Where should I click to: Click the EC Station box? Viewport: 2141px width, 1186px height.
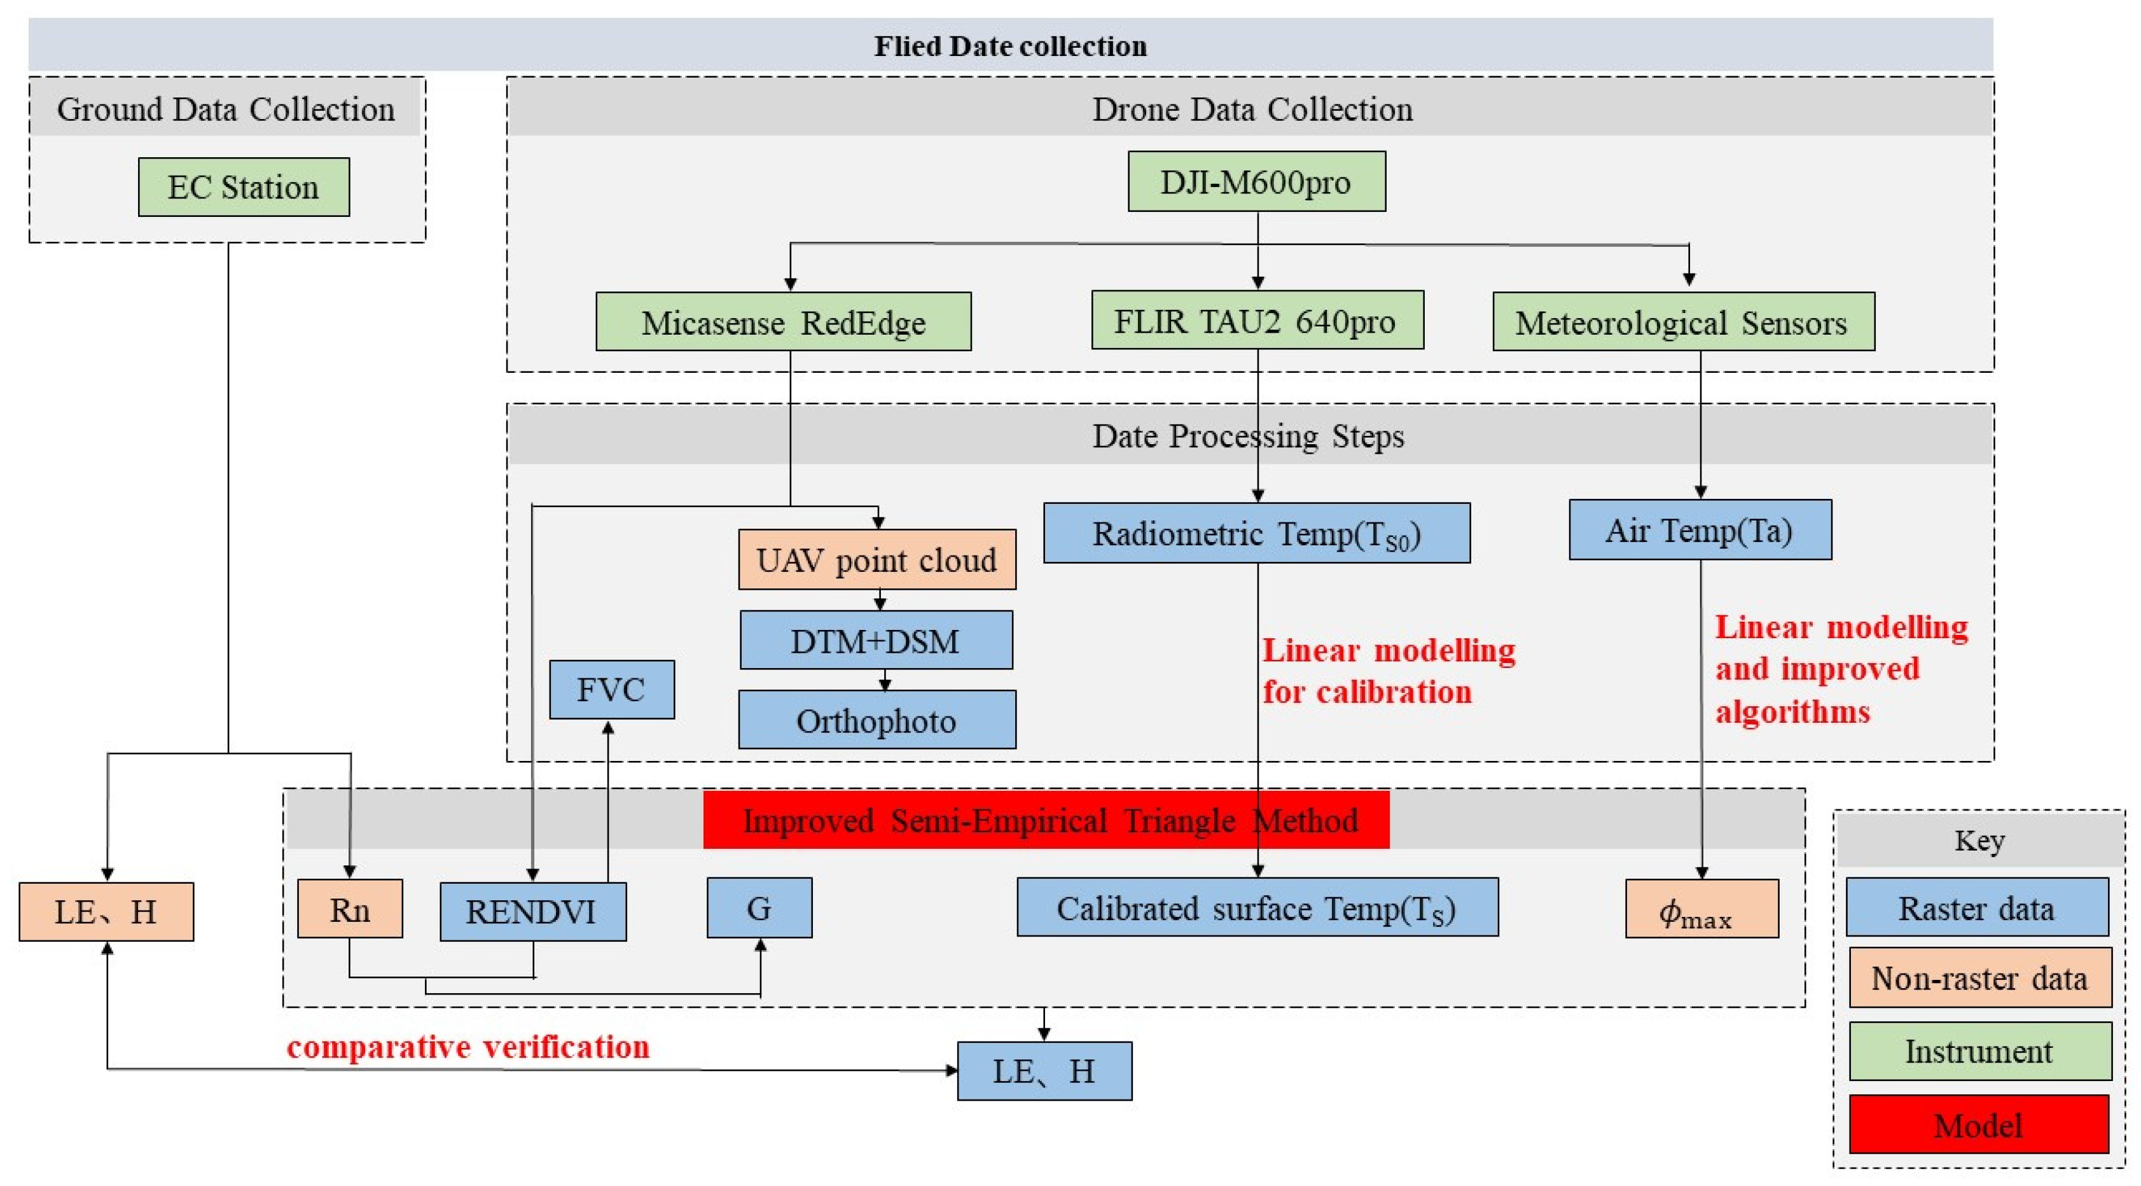244,187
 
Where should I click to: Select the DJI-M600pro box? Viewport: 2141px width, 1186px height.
1256,181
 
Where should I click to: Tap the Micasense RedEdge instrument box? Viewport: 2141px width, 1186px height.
783,322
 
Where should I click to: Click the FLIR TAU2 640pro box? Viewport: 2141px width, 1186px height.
1257,320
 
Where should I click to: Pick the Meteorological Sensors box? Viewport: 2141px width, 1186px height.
1683,322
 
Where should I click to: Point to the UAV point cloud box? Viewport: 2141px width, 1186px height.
877,559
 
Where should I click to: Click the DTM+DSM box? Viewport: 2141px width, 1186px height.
876,640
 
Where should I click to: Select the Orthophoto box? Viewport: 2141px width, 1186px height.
877,720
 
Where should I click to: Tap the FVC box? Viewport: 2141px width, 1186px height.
612,689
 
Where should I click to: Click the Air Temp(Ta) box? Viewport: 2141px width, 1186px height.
1700,529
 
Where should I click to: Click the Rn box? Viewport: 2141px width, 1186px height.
350,909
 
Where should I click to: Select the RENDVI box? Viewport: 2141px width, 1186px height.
533,912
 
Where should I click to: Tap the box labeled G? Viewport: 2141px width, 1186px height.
759,907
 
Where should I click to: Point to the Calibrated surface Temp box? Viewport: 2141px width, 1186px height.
1257,907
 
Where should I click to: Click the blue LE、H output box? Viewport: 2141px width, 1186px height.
1044,1070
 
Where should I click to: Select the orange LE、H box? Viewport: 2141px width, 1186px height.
106,912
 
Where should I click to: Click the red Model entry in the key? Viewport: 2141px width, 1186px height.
1978,1124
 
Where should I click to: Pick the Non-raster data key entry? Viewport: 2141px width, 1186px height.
1979,977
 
